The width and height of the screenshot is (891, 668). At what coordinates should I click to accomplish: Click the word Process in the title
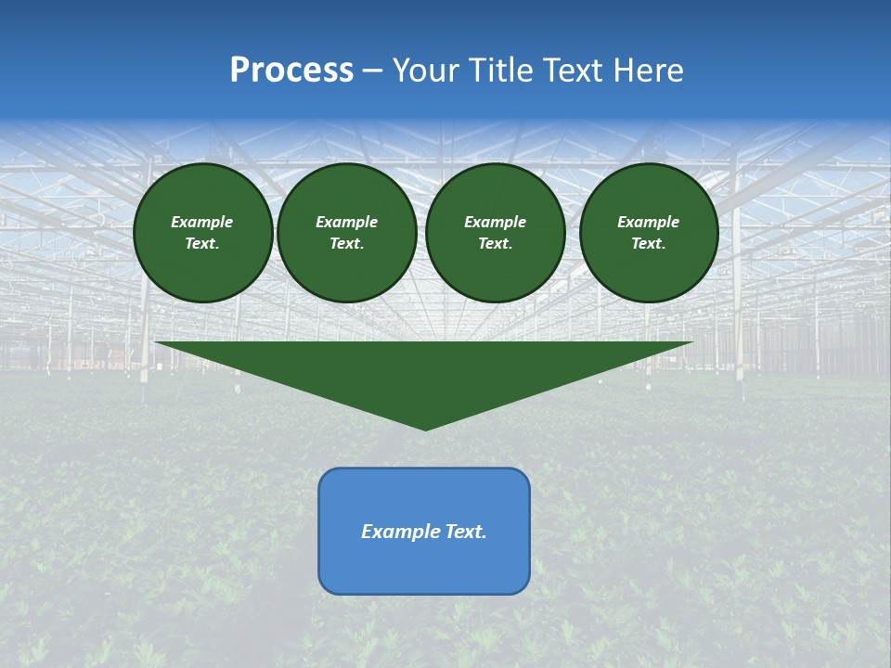coord(291,71)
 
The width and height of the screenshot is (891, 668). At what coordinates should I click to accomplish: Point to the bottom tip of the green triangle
coord(425,429)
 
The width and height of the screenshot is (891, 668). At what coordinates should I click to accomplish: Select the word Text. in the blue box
coord(466,532)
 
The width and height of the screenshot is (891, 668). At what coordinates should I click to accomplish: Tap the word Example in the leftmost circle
coord(202,223)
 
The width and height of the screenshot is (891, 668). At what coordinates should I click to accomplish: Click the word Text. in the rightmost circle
coord(648,244)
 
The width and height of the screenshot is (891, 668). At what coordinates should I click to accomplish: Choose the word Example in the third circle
coord(495,223)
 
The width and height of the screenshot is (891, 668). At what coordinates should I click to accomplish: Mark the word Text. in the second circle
coord(346,244)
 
